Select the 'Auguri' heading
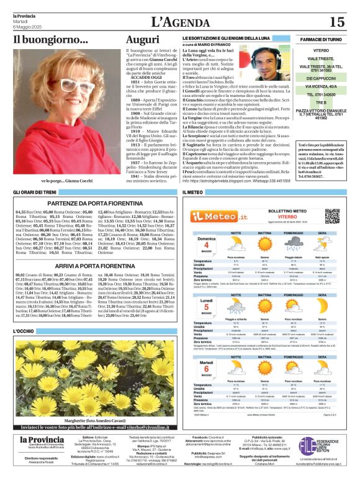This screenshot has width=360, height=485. (x=142, y=39)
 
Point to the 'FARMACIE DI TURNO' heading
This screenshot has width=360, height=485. (x=321, y=39)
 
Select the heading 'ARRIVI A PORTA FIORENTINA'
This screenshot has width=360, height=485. (x=92, y=265)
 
